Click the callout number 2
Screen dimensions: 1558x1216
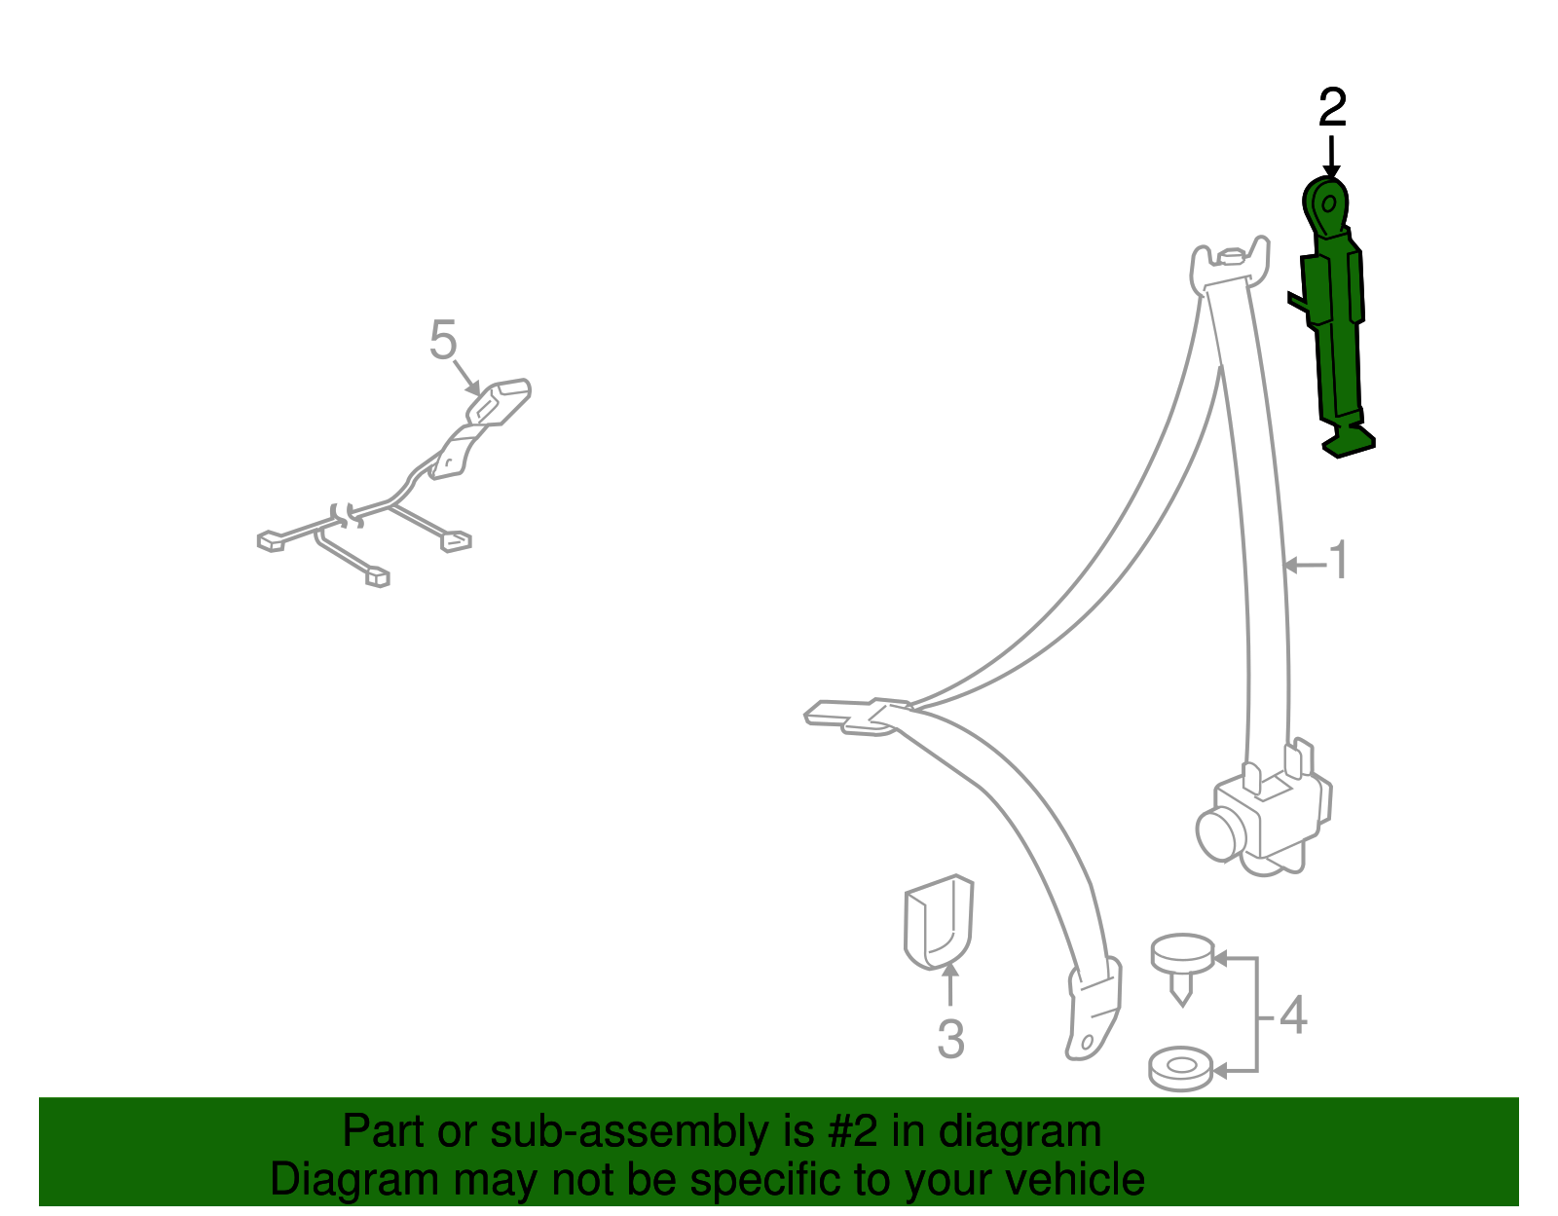[1332, 107]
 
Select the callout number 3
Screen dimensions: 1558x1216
[950, 1038]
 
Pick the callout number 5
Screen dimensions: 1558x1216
[443, 339]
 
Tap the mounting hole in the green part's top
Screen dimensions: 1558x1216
[1328, 203]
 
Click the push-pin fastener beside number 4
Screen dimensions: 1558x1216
[1182, 968]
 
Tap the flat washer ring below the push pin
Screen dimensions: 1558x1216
[1180, 1069]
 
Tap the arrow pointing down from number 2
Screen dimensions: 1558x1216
[1331, 156]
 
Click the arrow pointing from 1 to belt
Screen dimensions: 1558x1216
[1305, 566]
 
